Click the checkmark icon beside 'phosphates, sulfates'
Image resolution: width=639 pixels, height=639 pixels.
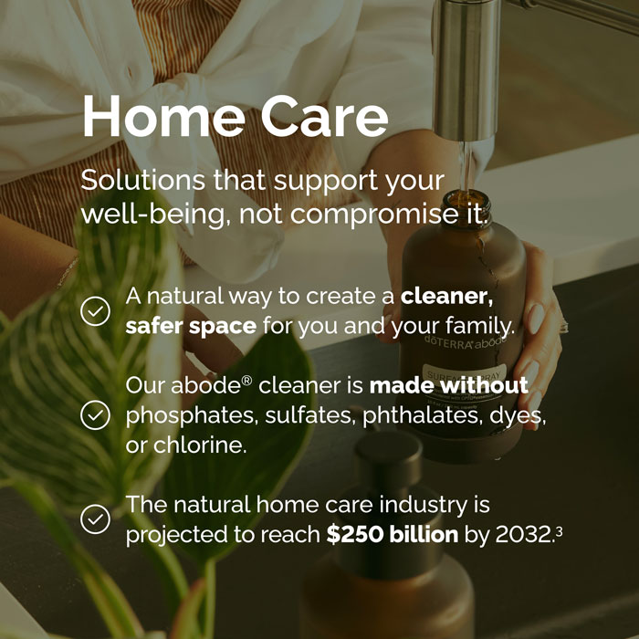[x=95, y=415]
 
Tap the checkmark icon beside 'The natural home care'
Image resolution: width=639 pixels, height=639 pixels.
[x=95, y=519]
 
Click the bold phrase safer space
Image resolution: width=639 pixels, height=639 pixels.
[x=191, y=325]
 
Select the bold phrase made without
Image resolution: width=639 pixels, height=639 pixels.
[x=448, y=385]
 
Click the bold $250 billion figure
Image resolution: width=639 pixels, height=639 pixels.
[x=393, y=534]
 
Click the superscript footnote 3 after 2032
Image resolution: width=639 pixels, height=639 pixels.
[x=558, y=528]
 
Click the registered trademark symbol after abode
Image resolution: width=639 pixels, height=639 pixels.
[x=246, y=380]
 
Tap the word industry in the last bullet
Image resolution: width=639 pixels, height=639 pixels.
[x=436, y=504]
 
